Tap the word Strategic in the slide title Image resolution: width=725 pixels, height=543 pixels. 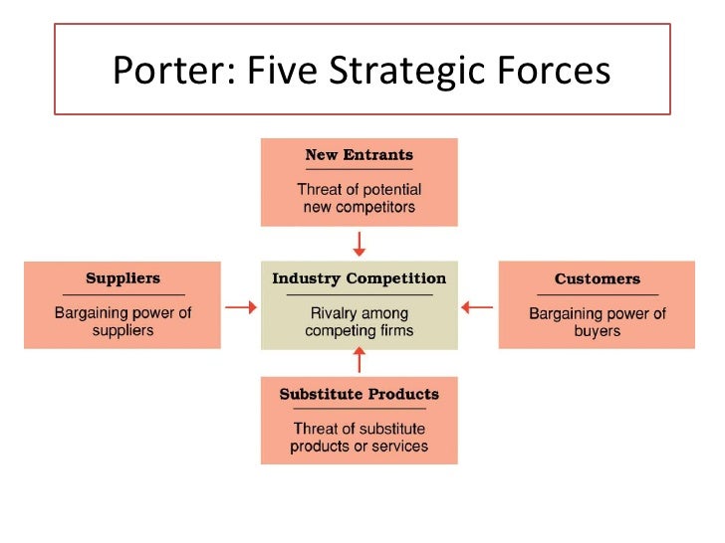click(409, 72)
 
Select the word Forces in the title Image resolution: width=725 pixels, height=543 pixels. click(551, 72)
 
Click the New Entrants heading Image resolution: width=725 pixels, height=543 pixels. click(359, 155)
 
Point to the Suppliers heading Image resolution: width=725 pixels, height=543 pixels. click(122, 278)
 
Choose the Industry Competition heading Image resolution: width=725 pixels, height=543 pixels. click(359, 278)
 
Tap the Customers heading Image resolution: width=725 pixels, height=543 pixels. click(597, 279)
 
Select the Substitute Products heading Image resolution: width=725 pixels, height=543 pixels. click(359, 394)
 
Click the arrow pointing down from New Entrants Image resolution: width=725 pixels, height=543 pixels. click(359, 244)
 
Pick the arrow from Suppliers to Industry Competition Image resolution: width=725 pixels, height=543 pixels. click(240, 307)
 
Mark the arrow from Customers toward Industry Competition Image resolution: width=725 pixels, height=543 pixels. click(478, 307)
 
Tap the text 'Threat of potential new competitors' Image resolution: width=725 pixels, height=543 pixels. click(359, 198)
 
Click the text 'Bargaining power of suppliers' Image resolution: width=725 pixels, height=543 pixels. click(122, 321)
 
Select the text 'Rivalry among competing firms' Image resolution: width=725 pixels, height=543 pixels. click(359, 321)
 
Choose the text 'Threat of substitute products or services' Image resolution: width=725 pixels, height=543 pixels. click(359, 438)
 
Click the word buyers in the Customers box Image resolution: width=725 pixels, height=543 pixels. click(597, 331)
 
